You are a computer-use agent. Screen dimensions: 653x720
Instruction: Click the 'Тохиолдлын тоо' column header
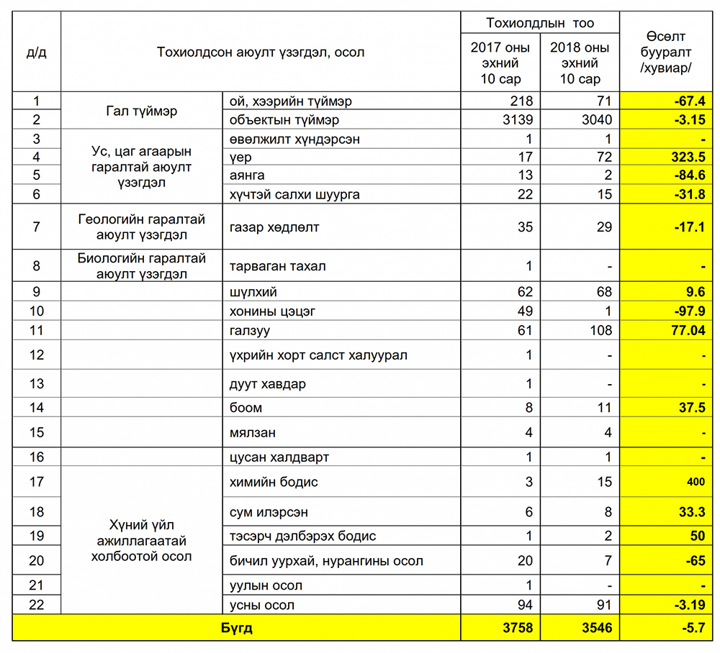[x=539, y=23]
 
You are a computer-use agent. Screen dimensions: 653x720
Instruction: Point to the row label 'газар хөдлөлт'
[x=274, y=227]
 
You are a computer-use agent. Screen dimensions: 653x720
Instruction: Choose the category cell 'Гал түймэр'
[x=141, y=111]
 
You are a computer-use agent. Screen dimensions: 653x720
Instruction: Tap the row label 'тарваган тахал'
[x=277, y=266]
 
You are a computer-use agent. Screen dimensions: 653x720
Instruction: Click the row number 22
[x=36, y=605]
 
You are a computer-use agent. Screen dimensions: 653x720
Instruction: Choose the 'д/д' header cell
[x=36, y=52]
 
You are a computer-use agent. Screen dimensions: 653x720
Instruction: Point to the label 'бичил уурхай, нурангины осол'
[x=326, y=561]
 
